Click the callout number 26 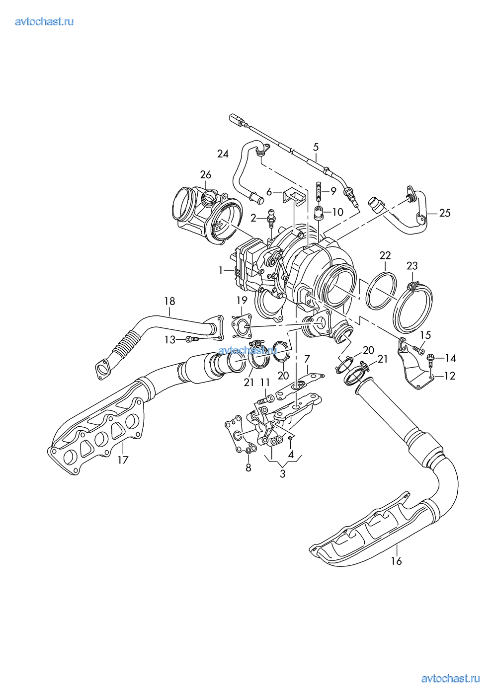pyautogui.click(x=205, y=174)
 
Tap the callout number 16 pyautogui.click(x=396, y=561)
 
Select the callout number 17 pyautogui.click(x=123, y=460)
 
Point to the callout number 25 pyautogui.click(x=445, y=213)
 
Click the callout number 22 pyautogui.click(x=385, y=255)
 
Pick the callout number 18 pyautogui.click(x=169, y=301)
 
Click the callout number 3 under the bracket pyautogui.click(x=282, y=473)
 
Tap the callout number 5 pyautogui.click(x=316, y=147)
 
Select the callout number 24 pyautogui.click(x=223, y=154)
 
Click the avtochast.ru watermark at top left pyautogui.click(x=44, y=21)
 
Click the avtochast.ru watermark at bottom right pyautogui.click(x=450, y=679)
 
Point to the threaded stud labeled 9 pyautogui.click(x=319, y=190)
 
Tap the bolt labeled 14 pyautogui.click(x=430, y=357)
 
